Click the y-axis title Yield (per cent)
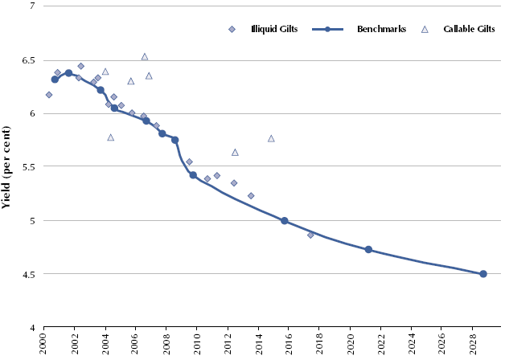coord(7,167)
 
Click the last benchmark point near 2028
coord(483,274)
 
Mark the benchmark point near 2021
coord(368,250)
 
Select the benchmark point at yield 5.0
coord(285,221)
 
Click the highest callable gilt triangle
coord(145,57)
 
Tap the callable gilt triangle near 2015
coord(271,138)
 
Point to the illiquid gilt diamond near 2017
coord(310,235)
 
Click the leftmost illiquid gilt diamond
coord(49,95)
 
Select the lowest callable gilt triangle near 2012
coord(235,152)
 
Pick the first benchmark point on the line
coord(55,80)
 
